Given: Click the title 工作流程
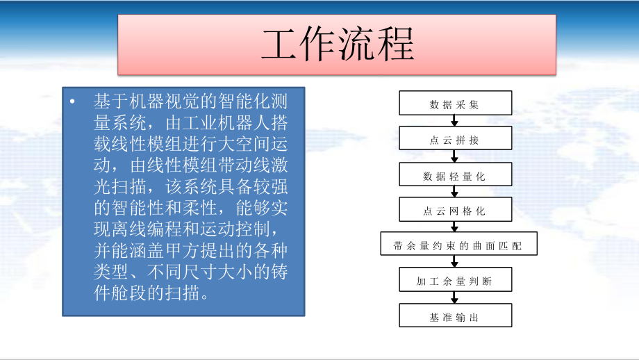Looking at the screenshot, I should pos(338,44).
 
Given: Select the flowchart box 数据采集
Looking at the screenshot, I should pos(455,104).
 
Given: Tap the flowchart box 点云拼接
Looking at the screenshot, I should pos(455,140).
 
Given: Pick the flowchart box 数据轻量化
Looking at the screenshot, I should pos(455,176).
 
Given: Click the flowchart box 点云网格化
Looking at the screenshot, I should pos(455,211).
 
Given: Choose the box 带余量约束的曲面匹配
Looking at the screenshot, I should pos(455,245).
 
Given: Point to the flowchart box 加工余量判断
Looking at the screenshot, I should pos(455,281).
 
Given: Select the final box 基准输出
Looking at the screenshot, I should pos(455,316).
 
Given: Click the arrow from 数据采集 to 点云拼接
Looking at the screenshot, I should pos(455,122).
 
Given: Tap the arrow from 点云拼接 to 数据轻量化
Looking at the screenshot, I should pos(455,158).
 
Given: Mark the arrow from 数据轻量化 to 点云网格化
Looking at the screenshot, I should pos(455,193).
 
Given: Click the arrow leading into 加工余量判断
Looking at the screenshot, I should pos(455,263).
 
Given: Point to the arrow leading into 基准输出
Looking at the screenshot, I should pos(455,299).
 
